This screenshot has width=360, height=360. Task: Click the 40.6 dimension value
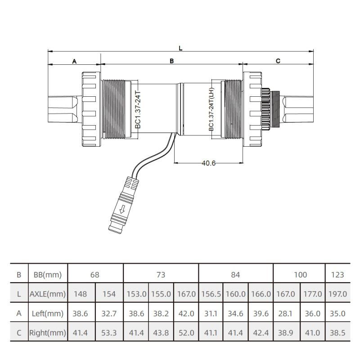click(208, 163)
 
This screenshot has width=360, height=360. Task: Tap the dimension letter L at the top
click(180, 47)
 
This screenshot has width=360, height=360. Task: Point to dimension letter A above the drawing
click(74, 61)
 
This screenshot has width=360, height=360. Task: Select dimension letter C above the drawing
click(278, 61)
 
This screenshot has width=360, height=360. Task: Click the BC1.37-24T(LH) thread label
click(211, 109)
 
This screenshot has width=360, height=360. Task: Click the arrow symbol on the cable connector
click(122, 209)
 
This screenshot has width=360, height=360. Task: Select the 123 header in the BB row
click(337, 274)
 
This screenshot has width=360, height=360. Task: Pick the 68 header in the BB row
click(95, 274)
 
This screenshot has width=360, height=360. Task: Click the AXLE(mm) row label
click(48, 294)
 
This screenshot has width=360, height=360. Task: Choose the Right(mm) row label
click(48, 333)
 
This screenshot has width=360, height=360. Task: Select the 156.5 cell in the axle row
click(211, 294)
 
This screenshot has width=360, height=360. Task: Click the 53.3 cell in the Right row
click(109, 333)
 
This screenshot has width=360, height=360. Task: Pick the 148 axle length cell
click(81, 294)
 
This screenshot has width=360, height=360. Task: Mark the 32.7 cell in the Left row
click(109, 314)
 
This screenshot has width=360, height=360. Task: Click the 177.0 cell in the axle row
click(313, 294)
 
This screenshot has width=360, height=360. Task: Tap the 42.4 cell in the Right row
click(261, 333)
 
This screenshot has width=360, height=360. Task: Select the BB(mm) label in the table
click(48, 274)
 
